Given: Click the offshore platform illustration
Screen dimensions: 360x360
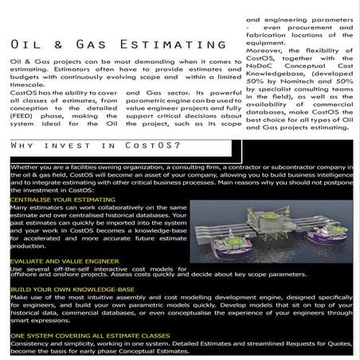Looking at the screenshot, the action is click(x=272, y=223).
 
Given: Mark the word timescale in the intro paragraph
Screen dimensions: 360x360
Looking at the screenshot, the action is click(x=25, y=84).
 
